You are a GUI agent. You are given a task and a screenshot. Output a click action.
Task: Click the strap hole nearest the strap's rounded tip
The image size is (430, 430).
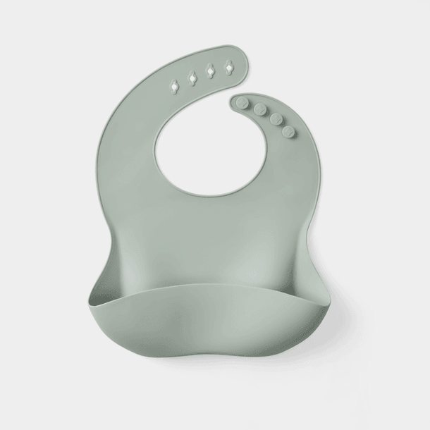[x=228, y=68]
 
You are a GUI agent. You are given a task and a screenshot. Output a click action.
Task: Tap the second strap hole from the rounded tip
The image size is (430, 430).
[x=209, y=73]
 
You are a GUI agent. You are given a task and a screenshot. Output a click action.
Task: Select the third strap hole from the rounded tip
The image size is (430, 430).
[x=191, y=77]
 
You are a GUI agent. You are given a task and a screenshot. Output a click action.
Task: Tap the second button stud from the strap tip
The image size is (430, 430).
[x=260, y=109]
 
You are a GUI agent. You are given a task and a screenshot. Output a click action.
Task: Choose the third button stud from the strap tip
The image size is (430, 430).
[x=275, y=119]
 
